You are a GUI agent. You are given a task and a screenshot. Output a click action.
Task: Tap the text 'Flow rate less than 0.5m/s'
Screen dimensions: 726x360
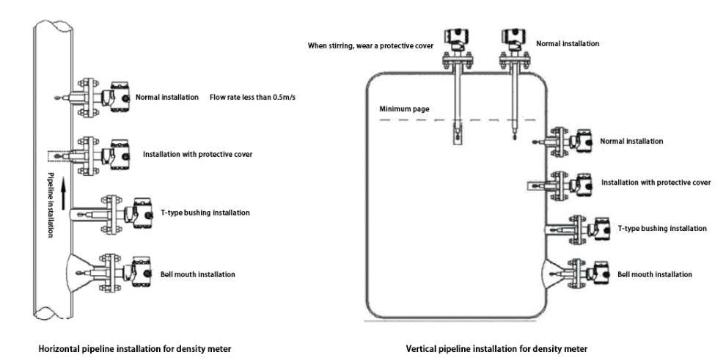[x=253, y=98]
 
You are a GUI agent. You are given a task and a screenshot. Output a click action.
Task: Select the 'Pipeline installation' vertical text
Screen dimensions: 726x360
[x=51, y=205]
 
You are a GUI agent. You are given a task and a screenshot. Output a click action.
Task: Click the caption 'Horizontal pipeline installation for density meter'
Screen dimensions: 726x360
[x=135, y=348]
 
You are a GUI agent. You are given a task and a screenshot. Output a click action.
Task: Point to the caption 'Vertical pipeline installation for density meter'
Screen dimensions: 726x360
[x=496, y=348]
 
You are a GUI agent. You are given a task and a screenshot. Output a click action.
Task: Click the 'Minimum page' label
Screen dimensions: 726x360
[x=404, y=110]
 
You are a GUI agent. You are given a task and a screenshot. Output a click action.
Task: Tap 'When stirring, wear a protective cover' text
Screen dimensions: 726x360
[x=371, y=45]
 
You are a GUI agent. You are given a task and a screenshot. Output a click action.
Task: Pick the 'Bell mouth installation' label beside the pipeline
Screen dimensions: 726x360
[x=198, y=274]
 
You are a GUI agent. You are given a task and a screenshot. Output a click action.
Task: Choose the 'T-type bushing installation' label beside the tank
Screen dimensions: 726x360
[x=663, y=229]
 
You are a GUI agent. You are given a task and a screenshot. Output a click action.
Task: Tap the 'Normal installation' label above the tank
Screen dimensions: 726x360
[x=568, y=43]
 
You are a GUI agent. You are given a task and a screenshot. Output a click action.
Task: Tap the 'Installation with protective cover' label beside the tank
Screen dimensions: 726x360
[x=656, y=183]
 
